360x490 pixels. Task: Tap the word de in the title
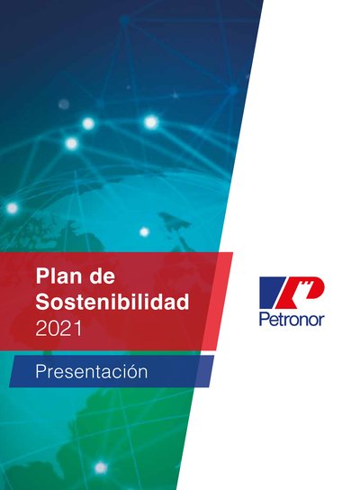pyautogui.click(x=102, y=276)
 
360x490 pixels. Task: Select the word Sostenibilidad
pyautogui.click(x=112, y=302)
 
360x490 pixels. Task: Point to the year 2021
pyautogui.click(x=58, y=329)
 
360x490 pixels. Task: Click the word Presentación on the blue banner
pyautogui.click(x=92, y=371)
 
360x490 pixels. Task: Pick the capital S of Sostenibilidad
pyautogui.click(x=42, y=302)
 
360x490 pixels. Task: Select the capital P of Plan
pyautogui.click(x=42, y=276)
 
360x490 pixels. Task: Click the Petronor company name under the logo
pyautogui.click(x=292, y=320)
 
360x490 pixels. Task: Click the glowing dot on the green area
pyautogui.click(x=101, y=467)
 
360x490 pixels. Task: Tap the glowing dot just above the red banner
pyautogui.click(x=144, y=231)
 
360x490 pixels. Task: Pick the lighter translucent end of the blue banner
pyautogui.click(x=205, y=371)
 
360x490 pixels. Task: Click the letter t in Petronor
pyautogui.click(x=278, y=319)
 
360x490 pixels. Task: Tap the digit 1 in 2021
pyautogui.click(x=78, y=329)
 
